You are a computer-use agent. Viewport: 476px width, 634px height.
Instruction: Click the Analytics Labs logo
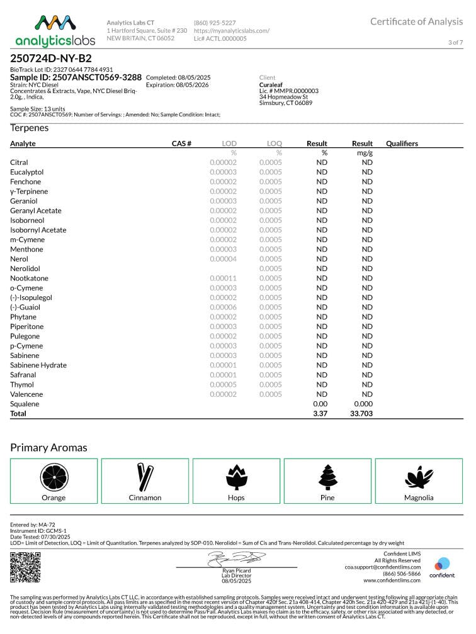click(55, 30)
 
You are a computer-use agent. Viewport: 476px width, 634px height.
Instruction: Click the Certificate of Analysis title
click(416, 21)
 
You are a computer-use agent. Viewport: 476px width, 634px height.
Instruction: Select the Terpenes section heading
click(29, 128)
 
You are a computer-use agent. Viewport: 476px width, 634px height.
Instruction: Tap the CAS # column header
click(181, 143)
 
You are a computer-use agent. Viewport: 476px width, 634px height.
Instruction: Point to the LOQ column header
click(275, 143)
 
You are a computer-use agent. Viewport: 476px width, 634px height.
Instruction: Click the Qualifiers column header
click(402, 143)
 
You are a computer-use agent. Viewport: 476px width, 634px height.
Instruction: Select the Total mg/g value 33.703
click(362, 413)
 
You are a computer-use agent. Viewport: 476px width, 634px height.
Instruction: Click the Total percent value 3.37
click(320, 413)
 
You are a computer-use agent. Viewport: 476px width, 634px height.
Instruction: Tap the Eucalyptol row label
click(26, 172)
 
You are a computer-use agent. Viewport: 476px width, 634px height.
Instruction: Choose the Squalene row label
click(25, 404)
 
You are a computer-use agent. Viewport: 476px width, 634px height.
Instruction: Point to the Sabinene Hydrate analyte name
click(38, 365)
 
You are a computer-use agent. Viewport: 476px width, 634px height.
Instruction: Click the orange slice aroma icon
click(54, 476)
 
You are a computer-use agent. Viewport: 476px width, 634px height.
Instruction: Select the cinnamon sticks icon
click(145, 476)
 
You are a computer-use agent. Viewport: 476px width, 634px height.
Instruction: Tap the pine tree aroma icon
click(327, 476)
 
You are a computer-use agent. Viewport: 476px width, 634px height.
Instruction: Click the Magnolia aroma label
click(419, 498)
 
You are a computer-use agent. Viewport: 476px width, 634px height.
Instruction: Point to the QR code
click(25, 567)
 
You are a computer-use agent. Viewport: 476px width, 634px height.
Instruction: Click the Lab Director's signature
click(236, 558)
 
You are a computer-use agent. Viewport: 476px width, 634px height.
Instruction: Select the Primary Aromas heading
click(48, 448)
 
